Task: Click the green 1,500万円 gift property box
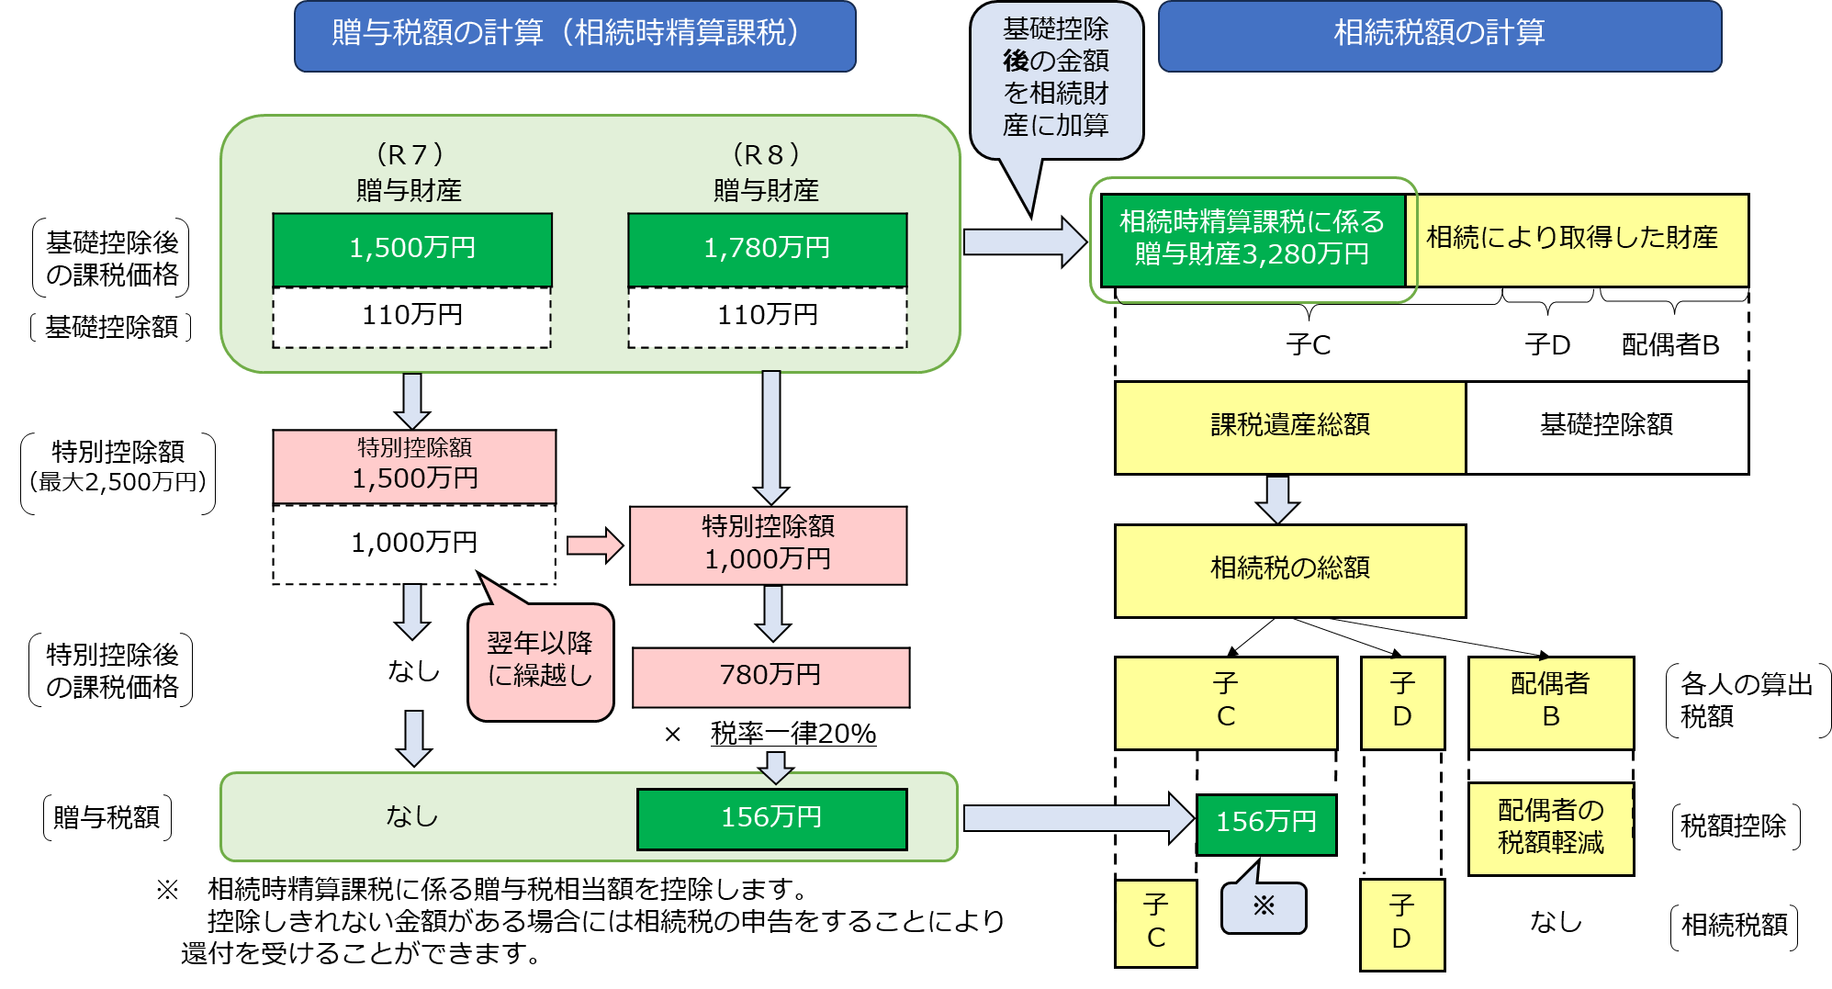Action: coord(412,249)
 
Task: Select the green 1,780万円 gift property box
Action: coord(767,249)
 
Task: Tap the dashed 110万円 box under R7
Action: coord(412,316)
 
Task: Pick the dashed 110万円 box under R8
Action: coord(767,316)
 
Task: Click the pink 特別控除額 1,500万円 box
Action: coord(414,466)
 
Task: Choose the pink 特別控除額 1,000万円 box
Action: coord(768,544)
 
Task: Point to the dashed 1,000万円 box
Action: coord(414,543)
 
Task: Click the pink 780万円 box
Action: coord(770,676)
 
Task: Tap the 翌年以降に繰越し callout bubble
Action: coord(540,661)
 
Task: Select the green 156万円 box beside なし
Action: coord(771,818)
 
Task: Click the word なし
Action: coord(412,816)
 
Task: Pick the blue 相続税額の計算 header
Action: coord(1439,35)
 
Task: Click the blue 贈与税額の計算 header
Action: coord(575,35)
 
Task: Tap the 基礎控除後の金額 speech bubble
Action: coord(1056,79)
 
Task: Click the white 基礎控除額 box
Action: coord(1606,426)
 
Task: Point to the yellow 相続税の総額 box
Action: coord(1289,569)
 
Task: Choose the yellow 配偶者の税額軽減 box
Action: coord(1550,827)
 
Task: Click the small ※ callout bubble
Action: coord(1264,907)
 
